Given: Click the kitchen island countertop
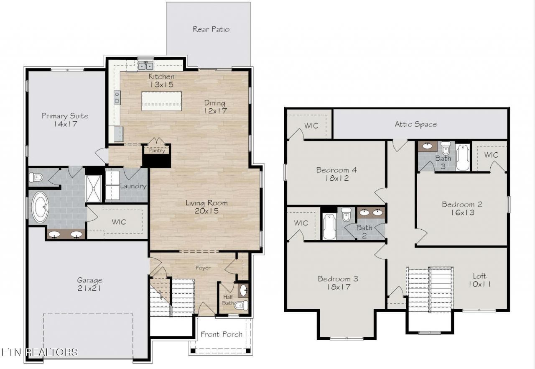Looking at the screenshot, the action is pyautogui.click(x=161, y=101).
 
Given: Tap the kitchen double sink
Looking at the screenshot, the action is pyautogui.click(x=145, y=66).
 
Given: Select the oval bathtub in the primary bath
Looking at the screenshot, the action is pyautogui.click(x=40, y=207).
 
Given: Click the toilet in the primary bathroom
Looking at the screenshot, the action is pyautogui.click(x=36, y=177).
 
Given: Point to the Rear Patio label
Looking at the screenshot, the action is pyautogui.click(x=211, y=29).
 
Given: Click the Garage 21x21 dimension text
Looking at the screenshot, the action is pyautogui.click(x=89, y=288).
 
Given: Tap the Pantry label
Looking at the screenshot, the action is pyautogui.click(x=157, y=151).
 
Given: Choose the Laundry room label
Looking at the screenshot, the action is pyautogui.click(x=133, y=186).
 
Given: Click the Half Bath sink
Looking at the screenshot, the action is pyautogui.click(x=244, y=290).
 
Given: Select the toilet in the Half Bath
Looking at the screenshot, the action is pyautogui.click(x=242, y=305).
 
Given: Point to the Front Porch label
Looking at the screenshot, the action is pyautogui.click(x=222, y=334).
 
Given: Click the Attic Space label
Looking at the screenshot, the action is pyautogui.click(x=416, y=124).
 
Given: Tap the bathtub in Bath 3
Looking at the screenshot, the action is pyautogui.click(x=463, y=157).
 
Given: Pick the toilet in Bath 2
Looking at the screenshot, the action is pyautogui.click(x=346, y=214).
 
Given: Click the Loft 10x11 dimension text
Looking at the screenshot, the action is pyautogui.click(x=479, y=284).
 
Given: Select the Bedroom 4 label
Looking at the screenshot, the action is pyautogui.click(x=336, y=170).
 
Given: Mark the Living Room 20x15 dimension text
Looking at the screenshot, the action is pyautogui.click(x=206, y=211).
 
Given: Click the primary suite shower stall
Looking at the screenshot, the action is pyautogui.click(x=94, y=189).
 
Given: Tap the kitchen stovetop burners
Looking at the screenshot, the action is pyautogui.click(x=117, y=97).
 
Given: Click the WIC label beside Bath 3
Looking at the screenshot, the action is pyautogui.click(x=491, y=155).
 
